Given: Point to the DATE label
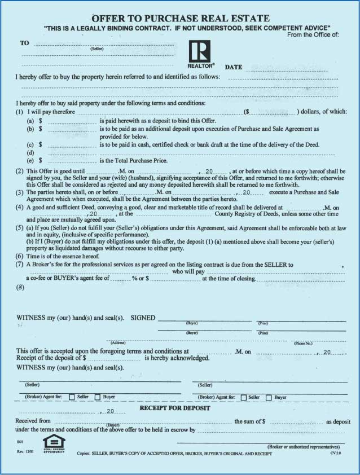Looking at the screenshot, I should tap(234, 67).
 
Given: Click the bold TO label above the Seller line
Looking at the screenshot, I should tap(24, 43).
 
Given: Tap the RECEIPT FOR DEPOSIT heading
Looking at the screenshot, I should tap(175, 408).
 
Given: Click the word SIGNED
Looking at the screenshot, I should tap(143, 318).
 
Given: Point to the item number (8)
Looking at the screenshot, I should tap(21, 288).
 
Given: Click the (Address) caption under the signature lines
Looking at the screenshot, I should tap(118, 343).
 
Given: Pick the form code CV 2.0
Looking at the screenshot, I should tap(337, 453).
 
